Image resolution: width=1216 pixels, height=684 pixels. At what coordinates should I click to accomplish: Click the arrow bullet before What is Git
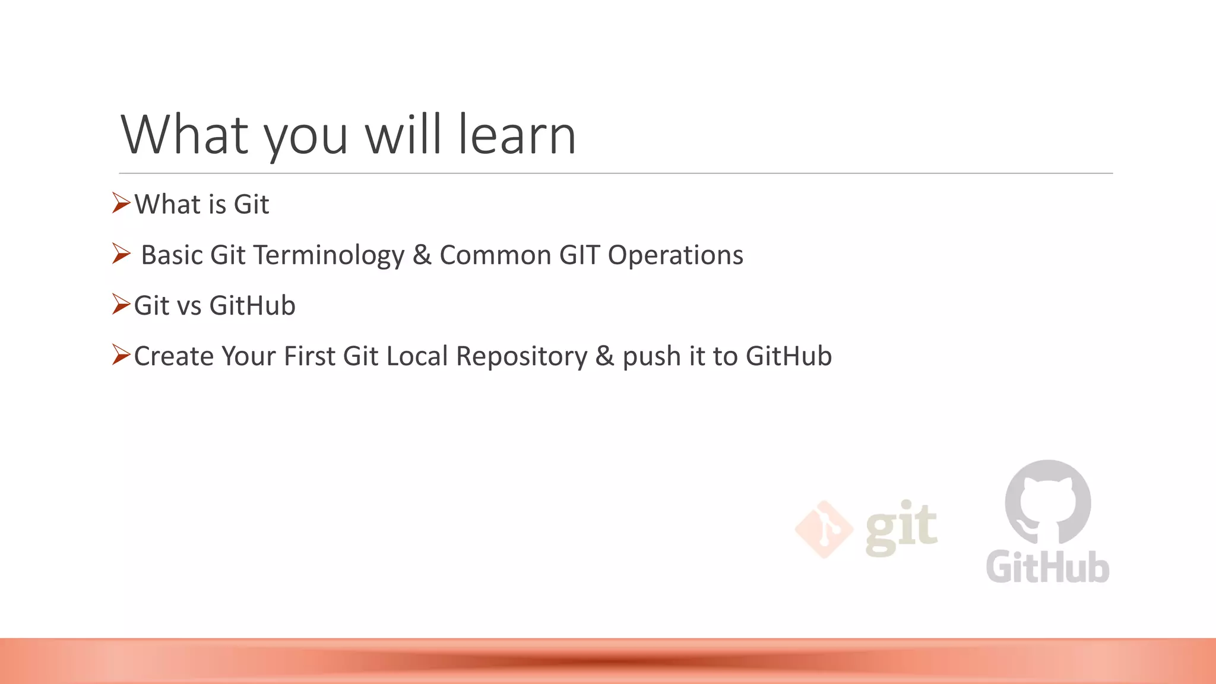pyautogui.click(x=121, y=203)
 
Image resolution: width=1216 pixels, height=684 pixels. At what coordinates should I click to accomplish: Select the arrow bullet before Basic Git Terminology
pyautogui.click(x=121, y=254)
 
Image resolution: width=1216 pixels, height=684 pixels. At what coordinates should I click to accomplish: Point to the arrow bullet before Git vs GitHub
pyautogui.click(x=121, y=304)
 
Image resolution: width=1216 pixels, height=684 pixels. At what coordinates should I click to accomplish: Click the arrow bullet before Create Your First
pyautogui.click(x=121, y=354)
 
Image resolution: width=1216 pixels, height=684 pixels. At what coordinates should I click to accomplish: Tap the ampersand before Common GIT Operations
pyautogui.click(x=422, y=255)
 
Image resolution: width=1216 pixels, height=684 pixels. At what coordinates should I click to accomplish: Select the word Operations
pyautogui.click(x=675, y=255)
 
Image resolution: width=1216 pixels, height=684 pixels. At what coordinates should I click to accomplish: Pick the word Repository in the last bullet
pyautogui.click(x=521, y=357)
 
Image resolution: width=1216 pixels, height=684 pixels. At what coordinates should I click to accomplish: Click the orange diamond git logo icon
pyautogui.click(x=824, y=529)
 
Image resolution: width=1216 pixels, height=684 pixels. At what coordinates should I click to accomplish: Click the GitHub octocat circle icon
pyautogui.click(x=1048, y=502)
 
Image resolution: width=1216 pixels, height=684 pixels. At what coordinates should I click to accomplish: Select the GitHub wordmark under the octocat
pyautogui.click(x=1048, y=568)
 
